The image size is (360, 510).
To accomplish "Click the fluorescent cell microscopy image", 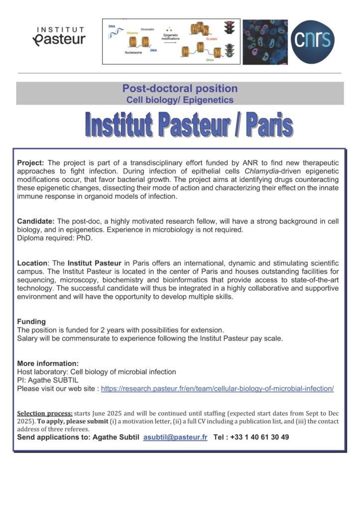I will (265, 42).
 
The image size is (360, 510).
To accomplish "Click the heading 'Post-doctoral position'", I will (180, 89).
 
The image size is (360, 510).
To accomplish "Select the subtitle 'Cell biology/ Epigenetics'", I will (180, 100).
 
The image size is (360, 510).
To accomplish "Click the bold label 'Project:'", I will (31, 163).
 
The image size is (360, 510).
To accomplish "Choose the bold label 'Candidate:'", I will (36, 221).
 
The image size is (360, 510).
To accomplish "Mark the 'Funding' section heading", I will (31, 322).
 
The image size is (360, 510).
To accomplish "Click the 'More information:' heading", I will (48, 363).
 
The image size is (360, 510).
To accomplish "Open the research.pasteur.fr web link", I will (217, 388).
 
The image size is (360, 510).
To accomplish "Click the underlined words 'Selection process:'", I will (45, 413).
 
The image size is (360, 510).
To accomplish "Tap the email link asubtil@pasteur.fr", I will (175, 437).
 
